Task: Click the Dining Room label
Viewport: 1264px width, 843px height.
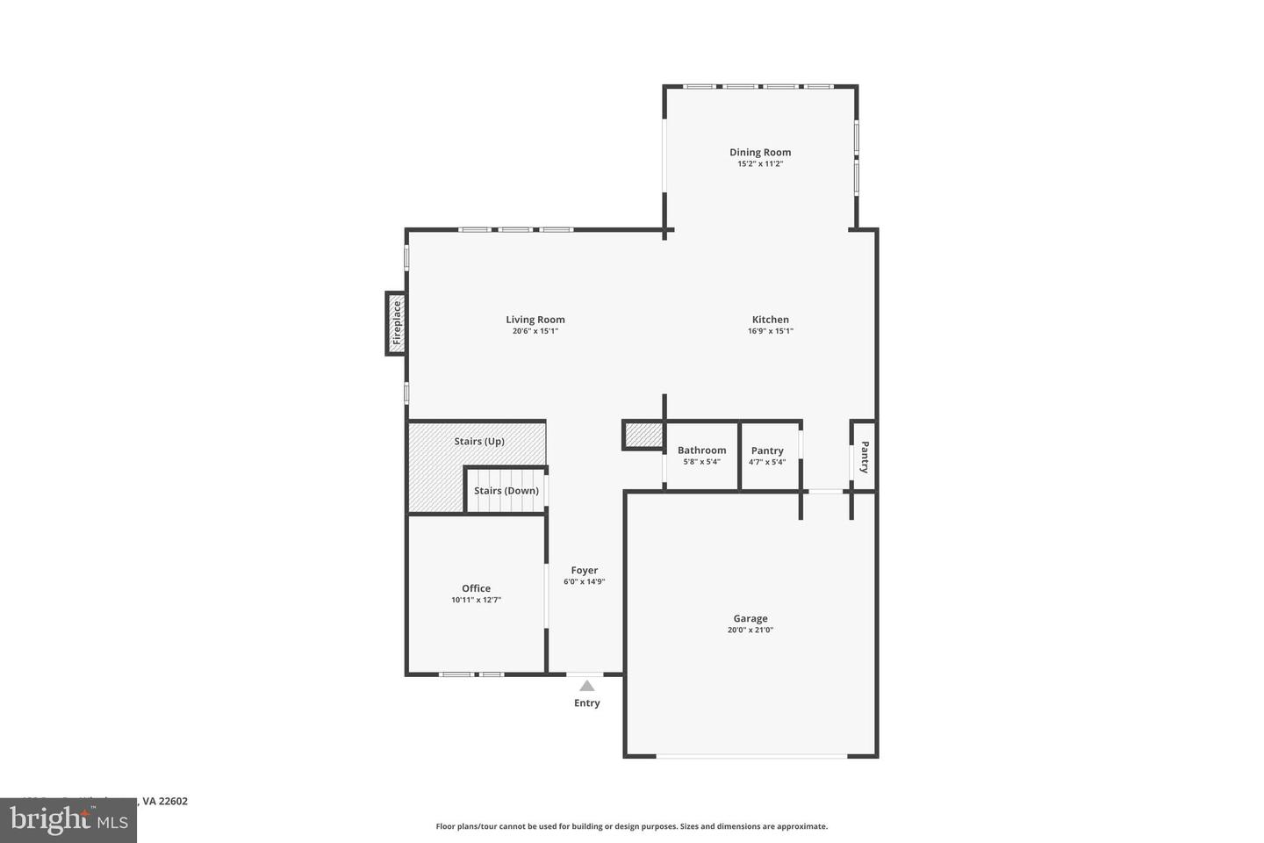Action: point(759,152)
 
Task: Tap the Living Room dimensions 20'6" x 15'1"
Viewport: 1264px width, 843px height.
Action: point(535,331)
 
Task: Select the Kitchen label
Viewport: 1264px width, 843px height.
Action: point(770,320)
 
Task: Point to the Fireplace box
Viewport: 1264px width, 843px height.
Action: point(396,323)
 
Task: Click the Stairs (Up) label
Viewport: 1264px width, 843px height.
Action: point(478,441)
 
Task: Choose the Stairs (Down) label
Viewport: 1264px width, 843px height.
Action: point(506,490)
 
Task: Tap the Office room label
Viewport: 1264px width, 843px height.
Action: point(476,588)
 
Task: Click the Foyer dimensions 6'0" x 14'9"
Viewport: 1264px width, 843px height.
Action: point(584,581)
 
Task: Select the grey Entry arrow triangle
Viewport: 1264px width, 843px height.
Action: point(586,686)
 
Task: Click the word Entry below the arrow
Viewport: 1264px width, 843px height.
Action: point(586,702)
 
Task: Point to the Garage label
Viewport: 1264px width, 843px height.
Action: point(750,618)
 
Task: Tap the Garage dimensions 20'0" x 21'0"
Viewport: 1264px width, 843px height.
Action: point(750,630)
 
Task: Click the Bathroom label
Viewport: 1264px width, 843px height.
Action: point(701,450)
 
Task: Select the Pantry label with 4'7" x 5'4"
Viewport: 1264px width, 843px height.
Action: point(767,450)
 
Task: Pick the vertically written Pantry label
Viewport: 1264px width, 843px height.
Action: point(865,457)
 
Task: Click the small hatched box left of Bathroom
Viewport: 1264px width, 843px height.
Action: point(643,435)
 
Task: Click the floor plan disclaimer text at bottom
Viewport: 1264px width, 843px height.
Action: point(631,826)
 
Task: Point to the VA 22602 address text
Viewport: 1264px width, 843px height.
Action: point(165,801)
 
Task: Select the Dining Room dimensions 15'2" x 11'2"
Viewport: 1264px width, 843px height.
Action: point(759,163)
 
